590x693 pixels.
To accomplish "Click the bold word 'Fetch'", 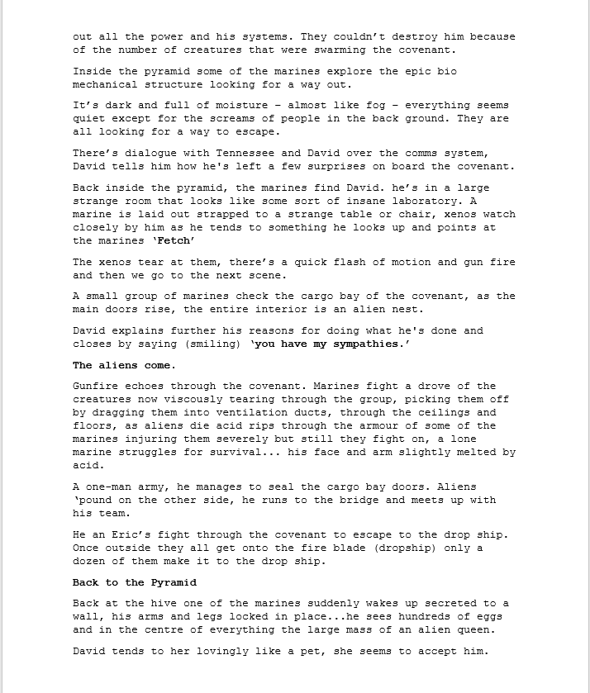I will tap(174, 241).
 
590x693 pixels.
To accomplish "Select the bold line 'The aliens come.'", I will tap(123, 365).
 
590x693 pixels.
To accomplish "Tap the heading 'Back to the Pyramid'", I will tap(135, 582).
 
